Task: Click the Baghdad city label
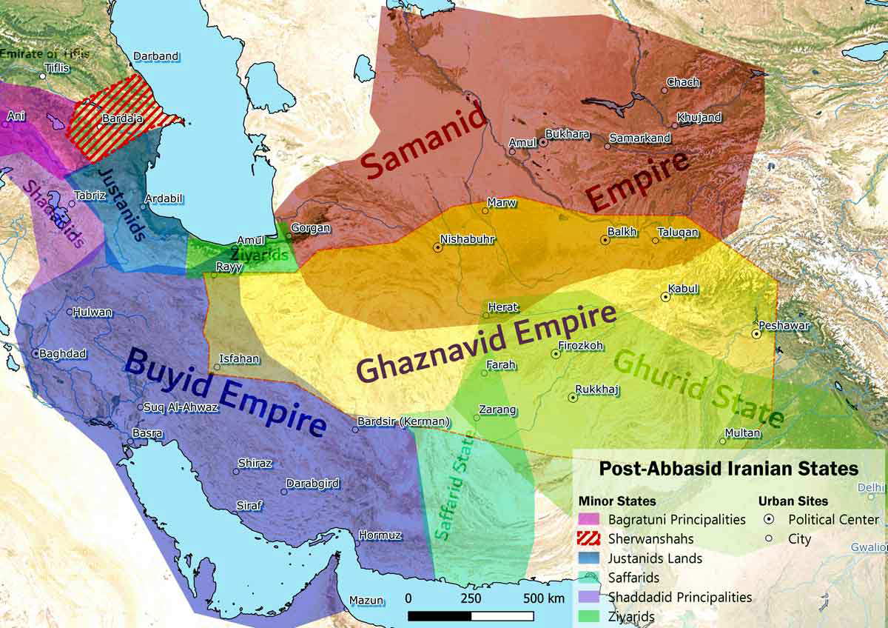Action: (x=63, y=354)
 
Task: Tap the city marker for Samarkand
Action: (x=608, y=147)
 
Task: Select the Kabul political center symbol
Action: (x=665, y=297)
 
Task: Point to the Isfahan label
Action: (x=240, y=359)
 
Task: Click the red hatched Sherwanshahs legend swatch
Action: (x=589, y=538)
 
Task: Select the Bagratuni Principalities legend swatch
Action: (x=589, y=519)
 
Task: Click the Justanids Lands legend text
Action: (x=655, y=558)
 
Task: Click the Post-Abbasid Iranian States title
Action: (x=728, y=469)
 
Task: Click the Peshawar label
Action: (x=784, y=326)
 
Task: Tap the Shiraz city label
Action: (x=255, y=464)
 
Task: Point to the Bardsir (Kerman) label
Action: (x=403, y=422)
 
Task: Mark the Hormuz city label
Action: (x=380, y=535)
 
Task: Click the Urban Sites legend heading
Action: (x=793, y=501)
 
